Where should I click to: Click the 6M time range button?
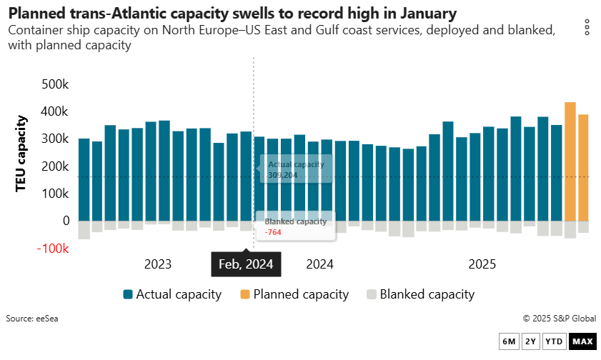(x=510, y=341)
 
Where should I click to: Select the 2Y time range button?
(x=531, y=341)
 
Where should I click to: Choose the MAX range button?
(x=582, y=341)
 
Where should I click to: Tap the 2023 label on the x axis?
(x=158, y=264)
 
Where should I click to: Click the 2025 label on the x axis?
(x=482, y=264)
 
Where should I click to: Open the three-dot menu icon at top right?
(x=587, y=28)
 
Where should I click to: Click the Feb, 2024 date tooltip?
(x=247, y=264)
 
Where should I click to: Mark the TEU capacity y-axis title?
(x=22, y=153)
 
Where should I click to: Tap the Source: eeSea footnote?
(x=32, y=319)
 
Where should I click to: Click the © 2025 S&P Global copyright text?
(x=559, y=319)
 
